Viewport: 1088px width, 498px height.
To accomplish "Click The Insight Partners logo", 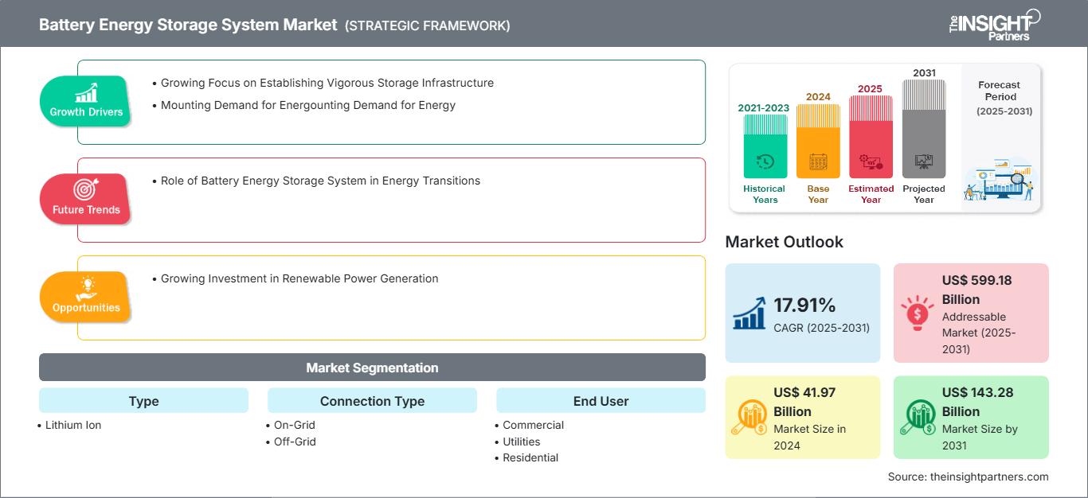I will pos(994,24).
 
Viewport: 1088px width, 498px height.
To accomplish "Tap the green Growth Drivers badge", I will pos(86,101).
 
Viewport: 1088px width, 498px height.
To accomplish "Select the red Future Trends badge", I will pos(86,199).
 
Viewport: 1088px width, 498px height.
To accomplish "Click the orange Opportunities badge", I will pos(86,297).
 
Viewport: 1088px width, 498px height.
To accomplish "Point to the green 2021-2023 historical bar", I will pos(765,146).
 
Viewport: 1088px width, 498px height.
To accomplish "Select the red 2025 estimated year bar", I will pos(871,136).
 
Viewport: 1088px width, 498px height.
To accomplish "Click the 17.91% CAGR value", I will pos(804,305).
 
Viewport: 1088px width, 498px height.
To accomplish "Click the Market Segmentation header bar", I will pos(372,368).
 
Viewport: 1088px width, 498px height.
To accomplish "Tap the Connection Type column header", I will pos(372,401).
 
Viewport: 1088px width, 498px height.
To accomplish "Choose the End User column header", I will pos(601,401).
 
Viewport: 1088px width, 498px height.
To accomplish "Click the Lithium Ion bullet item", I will pos(73,425).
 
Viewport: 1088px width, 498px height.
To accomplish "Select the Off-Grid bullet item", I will pos(295,442).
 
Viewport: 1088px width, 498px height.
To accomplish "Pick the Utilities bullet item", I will pos(522,442).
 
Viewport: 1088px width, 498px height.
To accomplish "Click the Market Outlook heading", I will pos(784,242).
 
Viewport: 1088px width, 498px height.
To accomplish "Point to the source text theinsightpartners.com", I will pos(969,477).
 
